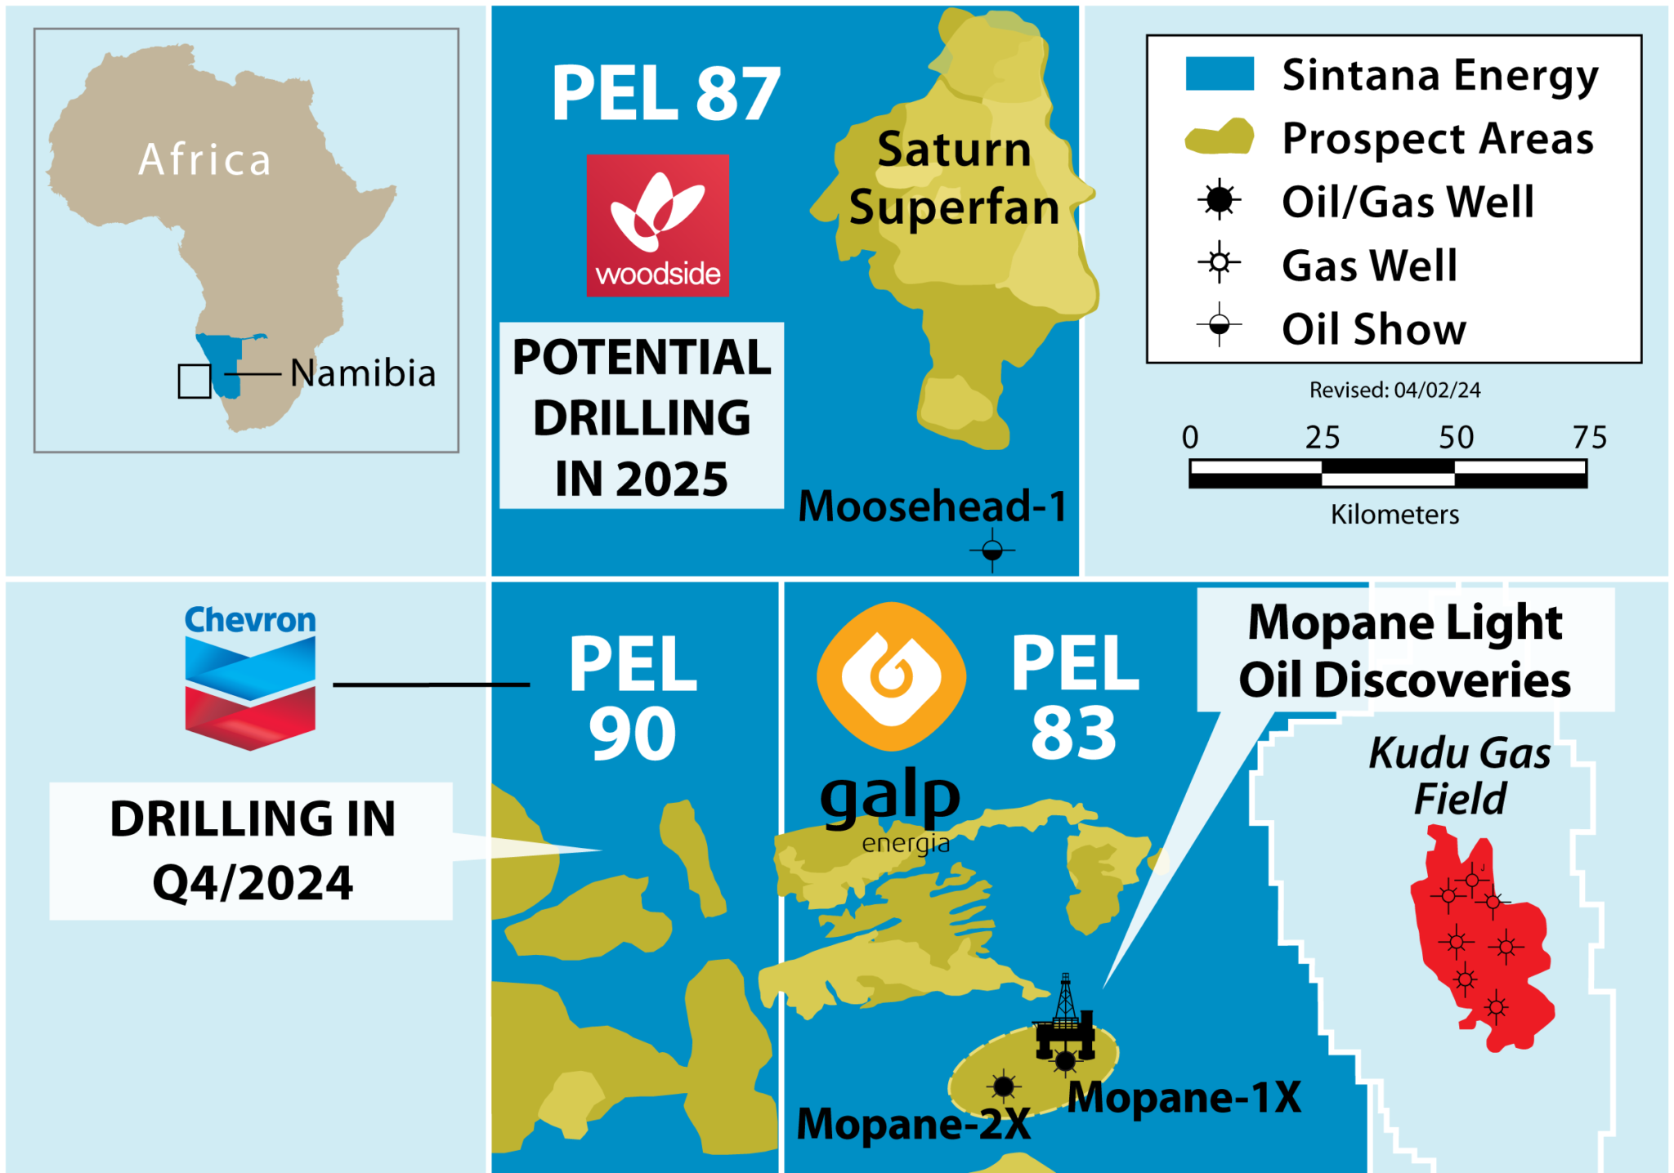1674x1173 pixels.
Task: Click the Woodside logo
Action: pos(657,225)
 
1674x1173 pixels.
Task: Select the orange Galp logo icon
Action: pos(891,676)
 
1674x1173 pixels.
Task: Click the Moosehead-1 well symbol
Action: pos(992,551)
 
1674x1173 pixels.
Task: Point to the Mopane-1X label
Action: pos(1184,1097)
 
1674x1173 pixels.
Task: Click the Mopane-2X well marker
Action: pos(1003,1086)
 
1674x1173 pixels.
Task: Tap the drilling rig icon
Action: pos(1064,1017)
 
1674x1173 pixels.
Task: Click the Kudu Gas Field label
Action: pos(1460,775)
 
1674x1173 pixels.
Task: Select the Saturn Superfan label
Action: pos(954,178)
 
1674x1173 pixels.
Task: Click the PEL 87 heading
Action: pos(665,94)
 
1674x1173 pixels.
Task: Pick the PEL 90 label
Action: pos(633,698)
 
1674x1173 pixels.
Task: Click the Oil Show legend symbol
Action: pos(1219,324)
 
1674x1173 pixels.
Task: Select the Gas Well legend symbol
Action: pos(1219,262)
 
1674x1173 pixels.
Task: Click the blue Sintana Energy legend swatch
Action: pos(1219,74)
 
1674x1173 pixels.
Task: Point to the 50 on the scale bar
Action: pos(1456,438)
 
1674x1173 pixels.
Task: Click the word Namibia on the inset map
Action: pos(363,373)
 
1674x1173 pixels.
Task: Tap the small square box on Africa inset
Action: pos(195,381)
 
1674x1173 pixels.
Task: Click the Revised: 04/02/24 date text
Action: pos(1394,390)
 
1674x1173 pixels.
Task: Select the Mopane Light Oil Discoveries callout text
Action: pos(1404,651)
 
